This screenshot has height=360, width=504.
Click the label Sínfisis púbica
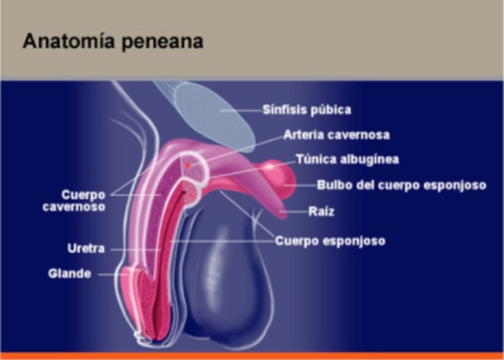pos(308,110)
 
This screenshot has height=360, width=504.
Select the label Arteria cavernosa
pos(336,135)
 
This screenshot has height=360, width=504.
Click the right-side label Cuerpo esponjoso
pos(330,241)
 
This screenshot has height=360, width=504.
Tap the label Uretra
pos(86,249)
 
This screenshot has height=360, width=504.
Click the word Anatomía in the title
pos(64,41)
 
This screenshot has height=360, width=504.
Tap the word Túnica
pos(315,160)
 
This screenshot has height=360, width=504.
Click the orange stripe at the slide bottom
pos(252,356)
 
